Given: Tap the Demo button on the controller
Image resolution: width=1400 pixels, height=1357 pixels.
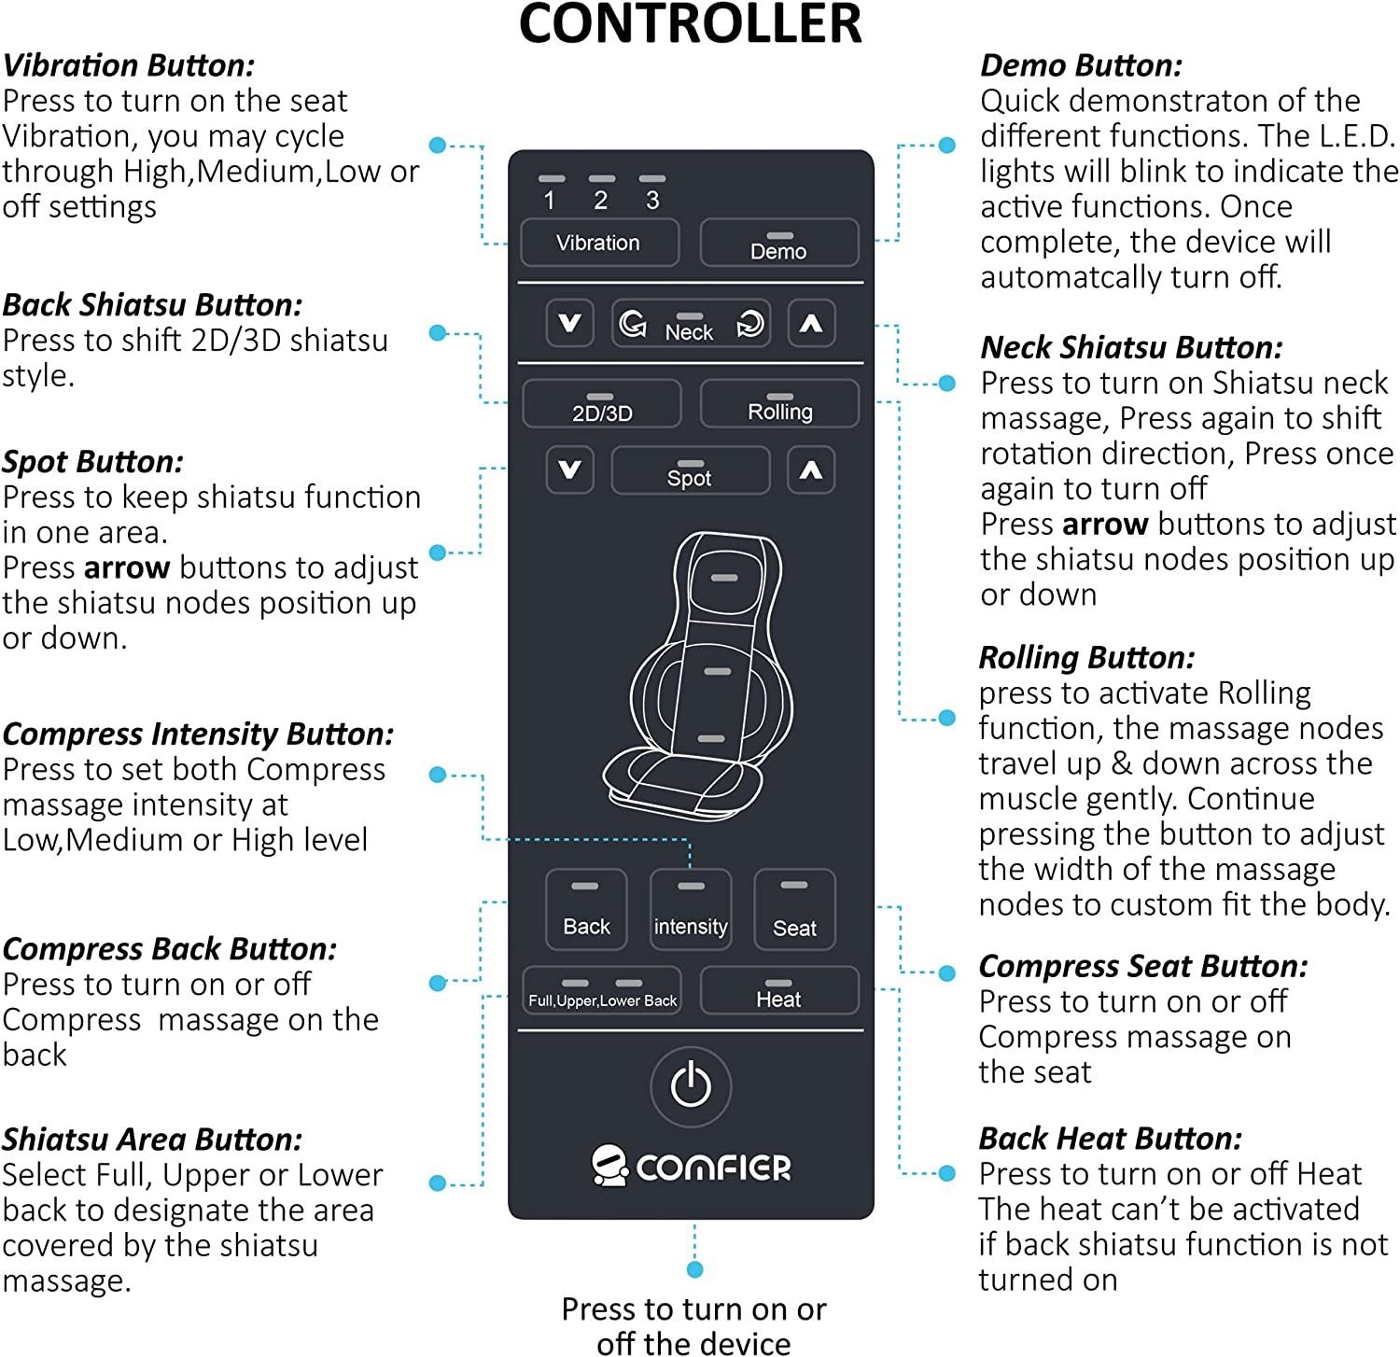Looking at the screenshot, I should click(x=778, y=244).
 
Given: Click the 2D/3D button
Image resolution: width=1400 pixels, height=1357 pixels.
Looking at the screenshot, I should click(x=601, y=404).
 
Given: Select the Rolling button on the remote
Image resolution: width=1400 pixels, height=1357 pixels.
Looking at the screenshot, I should click(x=779, y=404).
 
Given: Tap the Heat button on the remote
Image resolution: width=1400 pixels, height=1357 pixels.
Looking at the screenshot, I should click(x=778, y=990).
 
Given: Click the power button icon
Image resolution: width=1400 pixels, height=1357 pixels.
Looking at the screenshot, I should click(x=691, y=1085).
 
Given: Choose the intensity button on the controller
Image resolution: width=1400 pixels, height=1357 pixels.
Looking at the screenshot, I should click(x=691, y=910).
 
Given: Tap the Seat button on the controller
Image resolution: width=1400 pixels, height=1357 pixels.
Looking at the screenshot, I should click(x=794, y=910).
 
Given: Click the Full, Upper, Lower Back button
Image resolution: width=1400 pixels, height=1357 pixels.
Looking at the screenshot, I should click(x=602, y=991).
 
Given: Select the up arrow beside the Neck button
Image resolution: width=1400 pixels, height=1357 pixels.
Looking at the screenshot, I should click(x=811, y=324).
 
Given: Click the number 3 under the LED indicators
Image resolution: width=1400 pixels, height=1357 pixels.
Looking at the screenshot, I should click(x=652, y=201).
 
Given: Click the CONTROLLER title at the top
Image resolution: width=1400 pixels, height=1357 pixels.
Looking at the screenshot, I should click(x=690, y=24).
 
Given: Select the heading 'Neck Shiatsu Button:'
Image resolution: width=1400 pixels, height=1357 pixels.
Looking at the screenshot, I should click(x=1131, y=348).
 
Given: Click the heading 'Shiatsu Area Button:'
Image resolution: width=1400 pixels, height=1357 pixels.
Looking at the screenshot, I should click(x=152, y=1140).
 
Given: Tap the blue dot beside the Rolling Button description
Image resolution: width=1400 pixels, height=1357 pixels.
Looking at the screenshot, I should click(x=946, y=718).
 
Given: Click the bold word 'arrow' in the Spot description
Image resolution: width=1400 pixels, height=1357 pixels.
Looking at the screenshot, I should click(x=127, y=567).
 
